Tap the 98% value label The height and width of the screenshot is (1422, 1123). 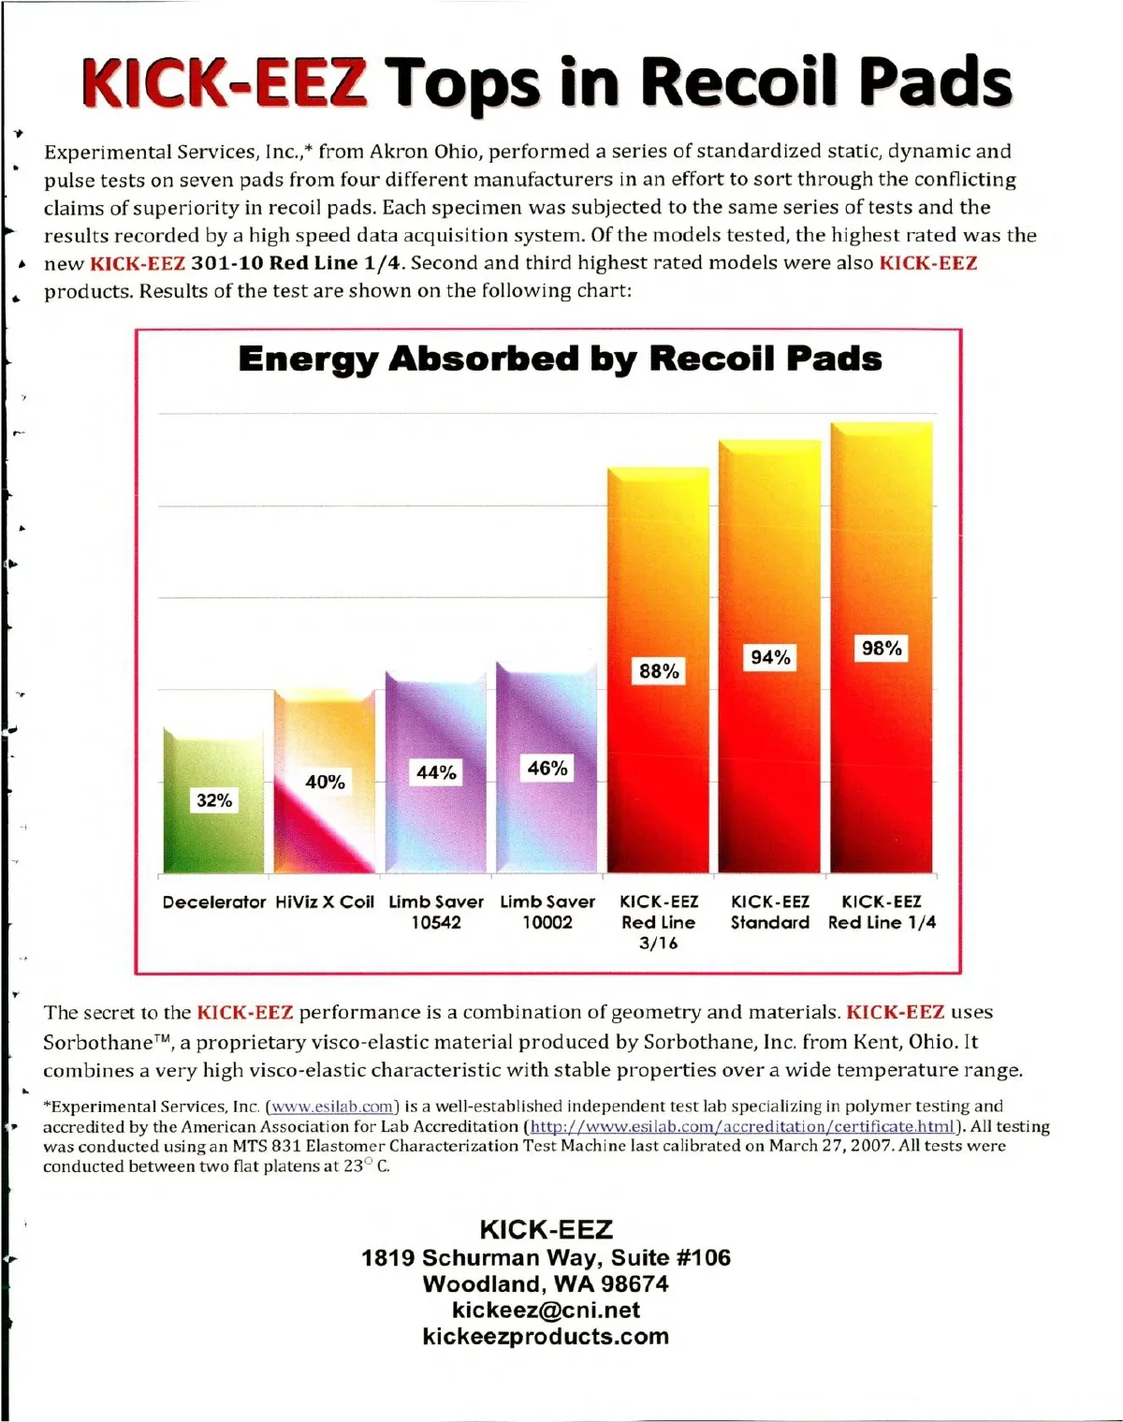tap(882, 649)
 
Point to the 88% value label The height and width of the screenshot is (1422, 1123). tap(659, 671)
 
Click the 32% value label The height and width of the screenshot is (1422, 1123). tap(213, 800)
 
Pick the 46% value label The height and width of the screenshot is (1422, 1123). tap(547, 769)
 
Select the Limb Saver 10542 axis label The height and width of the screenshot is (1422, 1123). tap(436, 912)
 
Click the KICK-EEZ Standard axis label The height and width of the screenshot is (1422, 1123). tap(770, 912)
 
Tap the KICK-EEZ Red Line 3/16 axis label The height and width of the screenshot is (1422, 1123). tap(659, 922)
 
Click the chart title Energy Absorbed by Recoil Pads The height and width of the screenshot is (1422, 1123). tap(560, 359)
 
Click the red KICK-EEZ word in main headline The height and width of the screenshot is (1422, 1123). tap(223, 81)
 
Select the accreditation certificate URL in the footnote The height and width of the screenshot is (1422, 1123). tap(742, 1126)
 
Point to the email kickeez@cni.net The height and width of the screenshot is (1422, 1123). tap(546, 1310)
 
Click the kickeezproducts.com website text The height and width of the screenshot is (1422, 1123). tap(546, 1336)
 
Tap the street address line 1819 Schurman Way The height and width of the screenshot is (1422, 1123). tap(546, 1257)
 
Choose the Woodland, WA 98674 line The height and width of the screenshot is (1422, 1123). tap(546, 1283)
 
